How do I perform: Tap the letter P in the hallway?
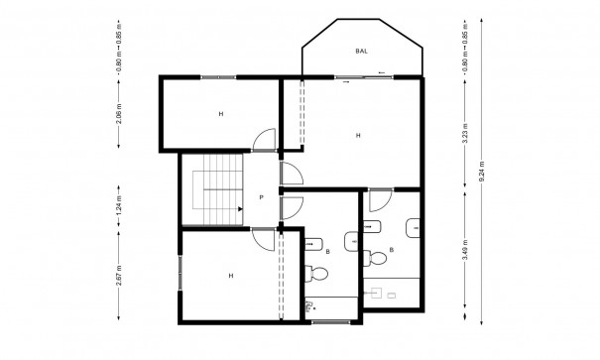(x=261, y=198)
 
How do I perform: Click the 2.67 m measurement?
(x=118, y=272)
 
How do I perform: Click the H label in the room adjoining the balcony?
(x=356, y=135)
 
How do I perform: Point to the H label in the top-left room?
(x=220, y=115)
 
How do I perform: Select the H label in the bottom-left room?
(x=230, y=275)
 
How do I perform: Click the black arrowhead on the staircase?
(x=241, y=208)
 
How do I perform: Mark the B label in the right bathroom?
(x=393, y=250)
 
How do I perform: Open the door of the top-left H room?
(x=264, y=142)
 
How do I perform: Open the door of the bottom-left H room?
(x=264, y=238)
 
